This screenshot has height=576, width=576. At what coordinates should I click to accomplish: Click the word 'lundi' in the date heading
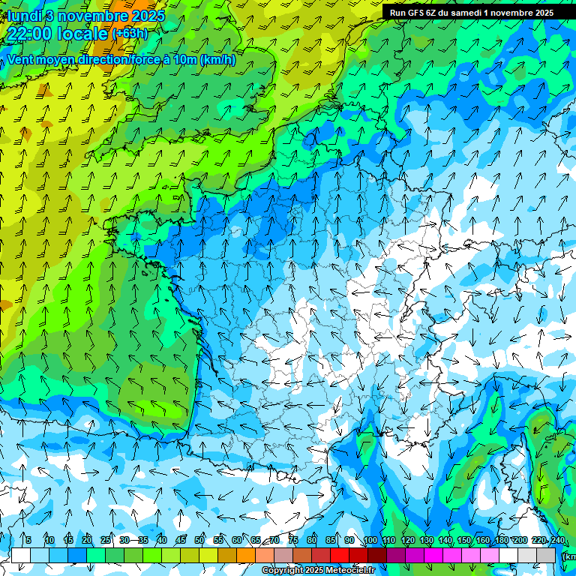24,16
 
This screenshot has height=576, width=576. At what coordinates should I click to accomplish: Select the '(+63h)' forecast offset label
130,34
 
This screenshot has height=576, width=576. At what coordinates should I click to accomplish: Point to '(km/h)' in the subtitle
218,60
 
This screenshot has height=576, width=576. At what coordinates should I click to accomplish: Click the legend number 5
28,540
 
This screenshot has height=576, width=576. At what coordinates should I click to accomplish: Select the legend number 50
199,540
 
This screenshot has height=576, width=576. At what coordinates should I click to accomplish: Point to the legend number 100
370,540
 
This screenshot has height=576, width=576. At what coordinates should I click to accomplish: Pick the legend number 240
558,540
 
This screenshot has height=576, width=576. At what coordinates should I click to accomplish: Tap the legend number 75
293,540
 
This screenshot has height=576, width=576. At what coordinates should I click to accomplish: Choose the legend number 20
87,540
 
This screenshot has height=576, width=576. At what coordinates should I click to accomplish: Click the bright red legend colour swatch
340,555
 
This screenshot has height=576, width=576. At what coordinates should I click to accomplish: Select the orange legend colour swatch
246,555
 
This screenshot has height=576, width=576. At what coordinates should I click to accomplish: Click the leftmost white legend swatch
21,555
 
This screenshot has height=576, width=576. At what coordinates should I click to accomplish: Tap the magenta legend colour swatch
433,555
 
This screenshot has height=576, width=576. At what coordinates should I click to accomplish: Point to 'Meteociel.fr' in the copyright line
349,571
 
